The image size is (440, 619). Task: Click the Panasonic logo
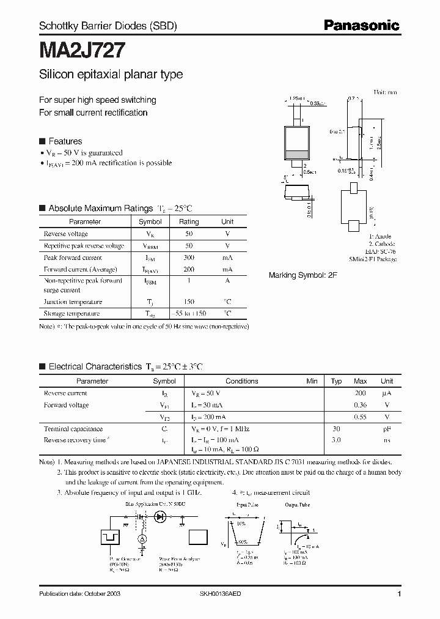tap(362, 25)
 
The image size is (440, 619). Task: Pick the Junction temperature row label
tap(73, 302)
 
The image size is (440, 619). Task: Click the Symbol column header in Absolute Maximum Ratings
tap(150, 221)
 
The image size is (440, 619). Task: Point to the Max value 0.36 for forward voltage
tap(360, 405)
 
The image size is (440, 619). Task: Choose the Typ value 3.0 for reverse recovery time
tap(336, 440)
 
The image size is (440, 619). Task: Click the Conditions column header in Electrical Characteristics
tap(242, 381)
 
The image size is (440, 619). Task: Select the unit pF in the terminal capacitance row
tap(387, 429)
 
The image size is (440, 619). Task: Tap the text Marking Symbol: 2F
tap(303, 276)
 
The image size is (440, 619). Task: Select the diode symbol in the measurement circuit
tap(161, 517)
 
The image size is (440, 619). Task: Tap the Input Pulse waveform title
tap(247, 505)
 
